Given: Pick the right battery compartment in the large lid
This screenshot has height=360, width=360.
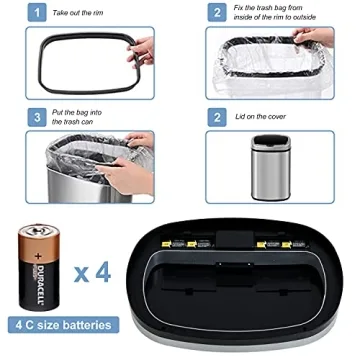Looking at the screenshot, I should [276, 245].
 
